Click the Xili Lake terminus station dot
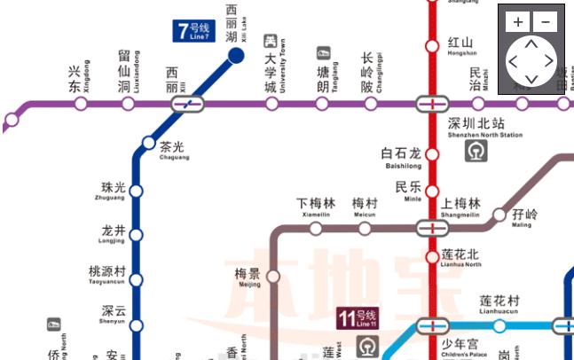click(236, 57)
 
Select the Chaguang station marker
click(148, 142)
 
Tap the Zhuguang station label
click(113, 191)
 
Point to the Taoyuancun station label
click(107, 274)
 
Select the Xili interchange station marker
click(187, 104)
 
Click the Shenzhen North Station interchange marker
click(432, 104)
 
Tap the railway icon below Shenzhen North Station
click(476, 152)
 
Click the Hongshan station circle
click(432, 46)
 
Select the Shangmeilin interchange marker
click(432, 228)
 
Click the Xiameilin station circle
click(316, 229)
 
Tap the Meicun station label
click(365, 207)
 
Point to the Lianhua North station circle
click(432, 257)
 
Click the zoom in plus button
click(519, 21)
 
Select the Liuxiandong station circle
click(128, 104)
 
